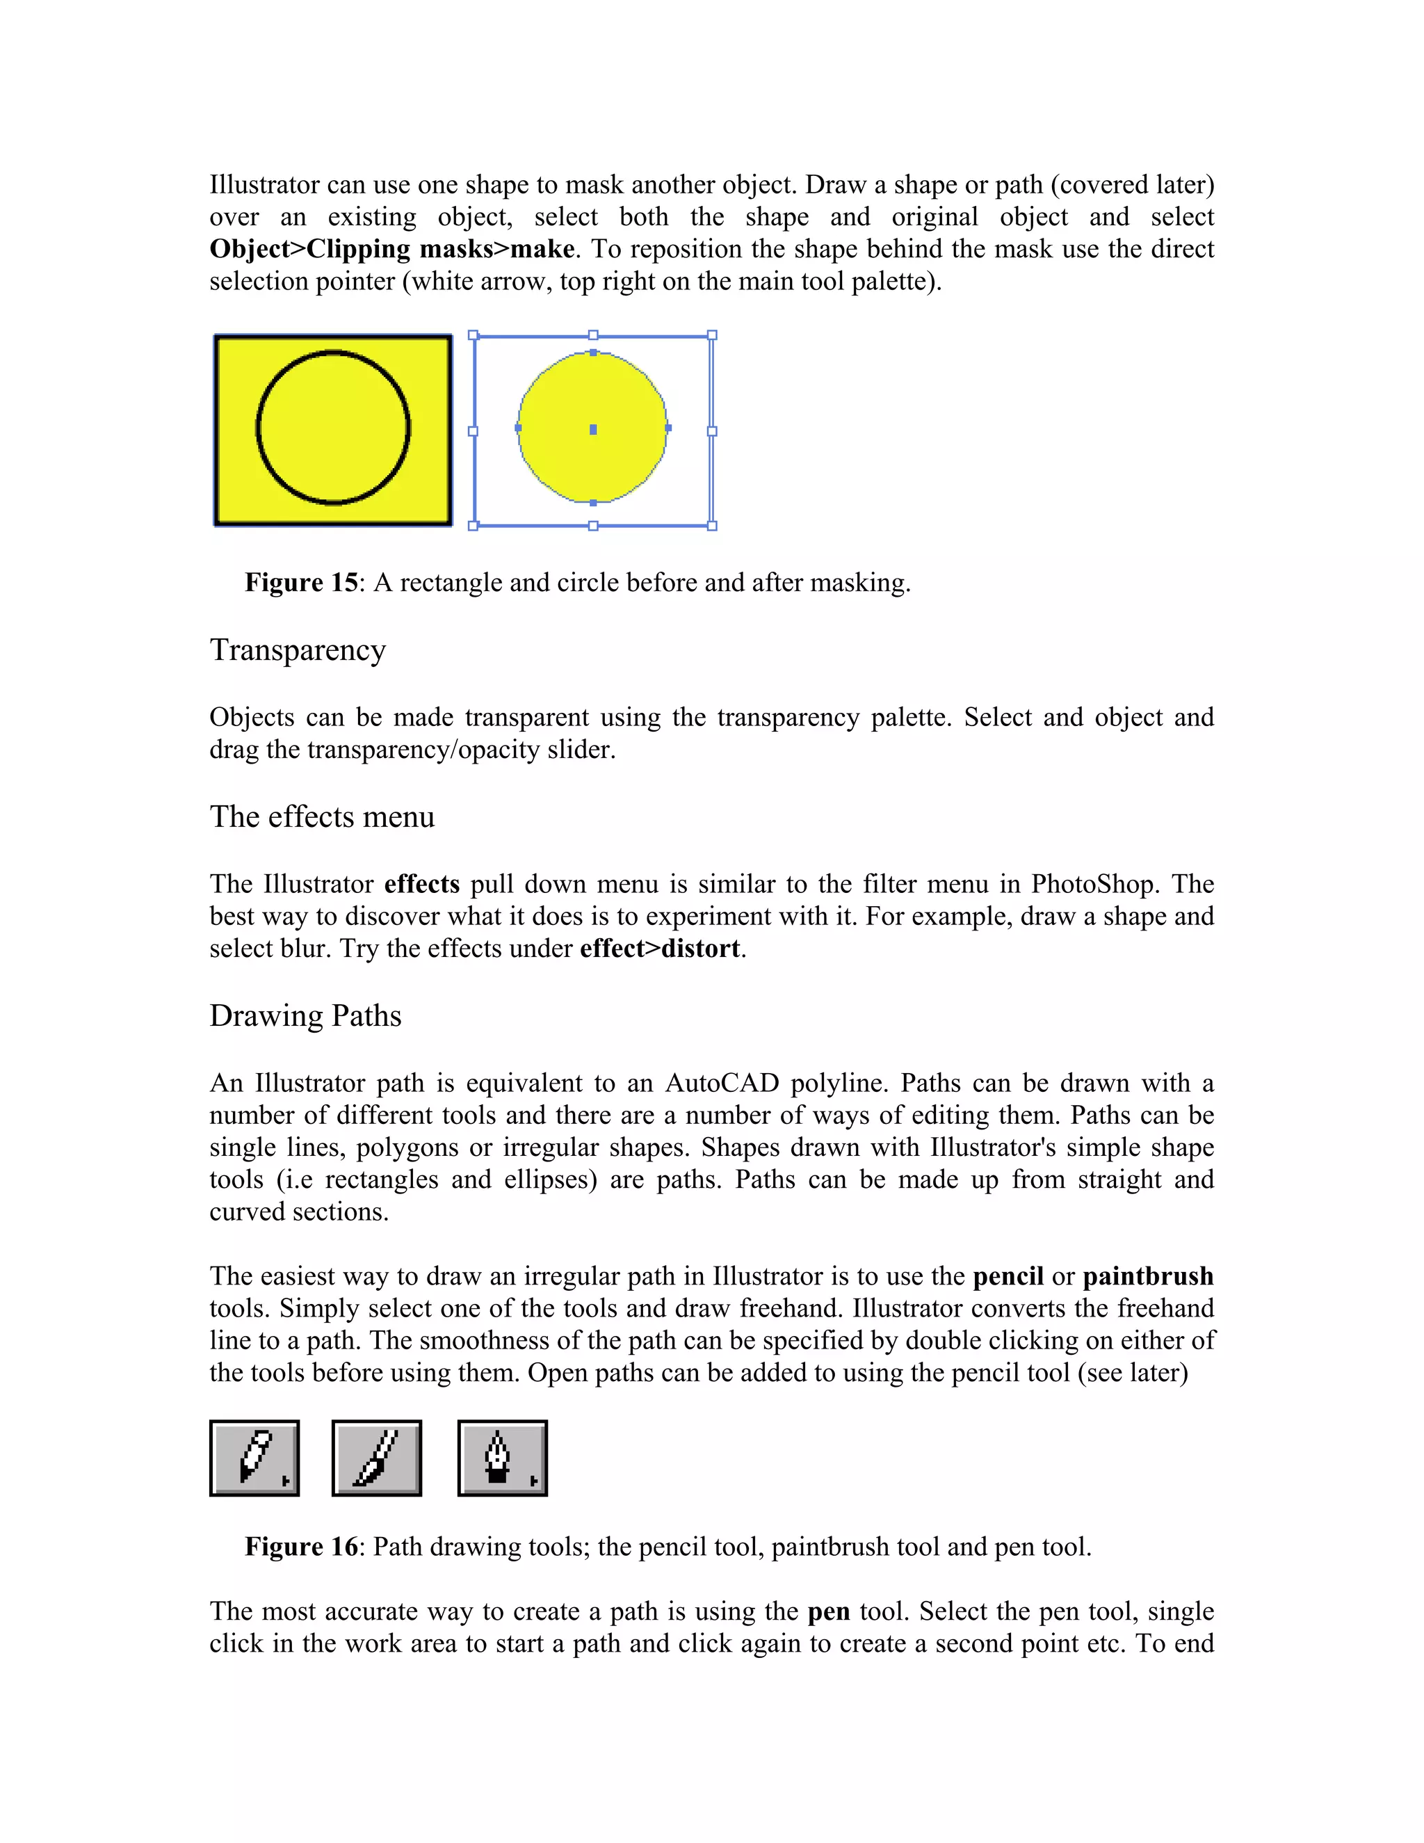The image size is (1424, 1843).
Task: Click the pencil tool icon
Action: pyautogui.click(x=254, y=1458)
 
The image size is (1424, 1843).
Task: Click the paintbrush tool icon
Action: pyautogui.click(x=376, y=1458)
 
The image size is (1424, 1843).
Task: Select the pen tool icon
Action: pyautogui.click(x=502, y=1458)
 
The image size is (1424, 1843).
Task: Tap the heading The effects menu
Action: pyautogui.click(x=321, y=817)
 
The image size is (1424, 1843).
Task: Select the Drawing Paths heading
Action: pyautogui.click(x=305, y=1016)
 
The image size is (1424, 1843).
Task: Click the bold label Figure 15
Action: pyautogui.click(x=301, y=583)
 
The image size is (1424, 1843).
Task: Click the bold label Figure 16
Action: pyautogui.click(x=301, y=1547)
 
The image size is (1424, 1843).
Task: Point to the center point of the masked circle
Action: pyautogui.click(x=593, y=430)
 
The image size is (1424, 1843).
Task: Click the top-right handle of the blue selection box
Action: pyautogui.click(x=712, y=335)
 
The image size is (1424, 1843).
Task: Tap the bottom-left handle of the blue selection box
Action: pyautogui.click(x=474, y=526)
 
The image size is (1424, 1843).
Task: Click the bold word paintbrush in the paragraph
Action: pyautogui.click(x=1148, y=1277)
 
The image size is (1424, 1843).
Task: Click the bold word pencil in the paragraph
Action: pyautogui.click(x=1008, y=1277)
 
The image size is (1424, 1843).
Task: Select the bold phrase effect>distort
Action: pyautogui.click(x=660, y=949)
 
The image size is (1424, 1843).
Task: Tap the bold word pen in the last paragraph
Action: pyautogui.click(x=828, y=1612)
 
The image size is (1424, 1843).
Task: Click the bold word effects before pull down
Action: pyautogui.click(x=422, y=885)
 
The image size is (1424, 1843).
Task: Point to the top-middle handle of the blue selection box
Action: pyautogui.click(x=593, y=335)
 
